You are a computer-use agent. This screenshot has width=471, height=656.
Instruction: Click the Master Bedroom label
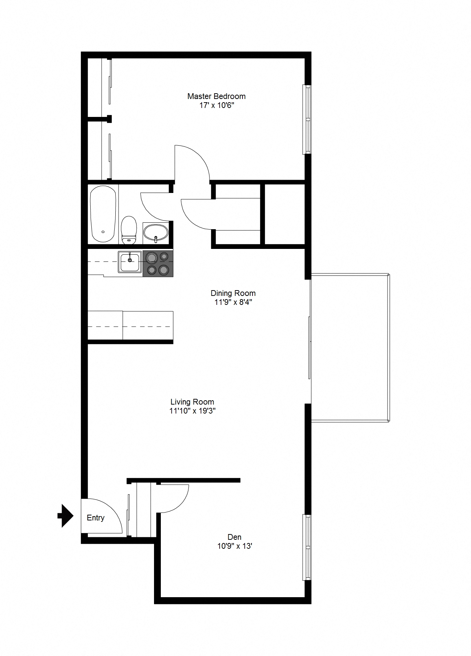[x=216, y=96]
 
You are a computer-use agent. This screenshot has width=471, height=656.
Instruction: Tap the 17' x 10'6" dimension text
[x=217, y=105]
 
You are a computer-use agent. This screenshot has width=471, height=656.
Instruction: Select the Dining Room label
[x=233, y=293]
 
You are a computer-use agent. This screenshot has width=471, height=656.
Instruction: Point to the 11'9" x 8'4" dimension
[x=233, y=302]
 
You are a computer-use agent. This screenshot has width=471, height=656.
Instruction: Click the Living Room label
[x=192, y=402]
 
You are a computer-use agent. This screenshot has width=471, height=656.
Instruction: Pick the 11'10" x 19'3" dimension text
[x=192, y=411]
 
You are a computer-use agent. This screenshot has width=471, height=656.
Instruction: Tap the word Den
[x=235, y=537]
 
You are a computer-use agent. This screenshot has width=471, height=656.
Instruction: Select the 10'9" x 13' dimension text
[x=235, y=546]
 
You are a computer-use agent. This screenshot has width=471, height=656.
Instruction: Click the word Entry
[x=96, y=518]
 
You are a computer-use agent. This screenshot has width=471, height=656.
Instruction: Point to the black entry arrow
[x=66, y=516]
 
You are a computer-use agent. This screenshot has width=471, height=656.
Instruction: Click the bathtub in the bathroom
[x=103, y=214]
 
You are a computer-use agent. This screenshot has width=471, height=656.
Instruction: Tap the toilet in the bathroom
[x=129, y=230]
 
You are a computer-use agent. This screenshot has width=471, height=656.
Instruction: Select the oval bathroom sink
[x=156, y=232]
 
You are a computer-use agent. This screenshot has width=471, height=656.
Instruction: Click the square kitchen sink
[x=130, y=262]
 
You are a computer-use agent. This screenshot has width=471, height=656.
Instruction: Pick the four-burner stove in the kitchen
[x=158, y=264]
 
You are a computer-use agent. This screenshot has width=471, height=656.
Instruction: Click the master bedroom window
[x=307, y=119]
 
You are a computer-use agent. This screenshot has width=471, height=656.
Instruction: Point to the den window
[x=307, y=547]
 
